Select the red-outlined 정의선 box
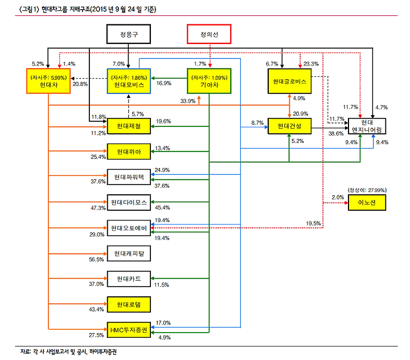point(209,35)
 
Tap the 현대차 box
point(48,82)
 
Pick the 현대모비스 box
point(128,81)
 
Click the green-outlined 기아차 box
point(209,81)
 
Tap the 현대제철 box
point(128,126)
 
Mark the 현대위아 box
point(128,152)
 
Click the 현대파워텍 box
point(128,177)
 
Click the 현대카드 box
point(128,279)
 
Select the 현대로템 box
point(128,304)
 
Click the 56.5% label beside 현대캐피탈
point(97,259)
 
